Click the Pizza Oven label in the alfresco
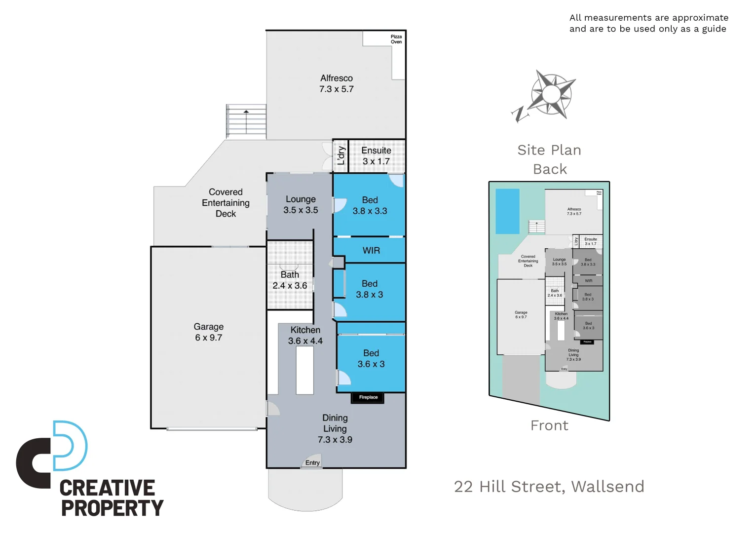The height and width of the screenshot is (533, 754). coord(396,39)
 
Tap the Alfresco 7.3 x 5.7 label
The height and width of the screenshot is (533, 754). coord(337,83)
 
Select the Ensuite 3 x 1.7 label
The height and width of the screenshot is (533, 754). coord(376,155)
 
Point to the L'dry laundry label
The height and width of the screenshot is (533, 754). coord(341,155)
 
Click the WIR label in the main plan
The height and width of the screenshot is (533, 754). coord(371,251)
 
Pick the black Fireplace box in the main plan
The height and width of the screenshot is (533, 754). coord(368,397)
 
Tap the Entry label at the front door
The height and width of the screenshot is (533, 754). coord(312,463)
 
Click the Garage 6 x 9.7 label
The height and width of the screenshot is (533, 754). coord(209,332)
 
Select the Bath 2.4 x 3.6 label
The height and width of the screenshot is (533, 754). coord(290,280)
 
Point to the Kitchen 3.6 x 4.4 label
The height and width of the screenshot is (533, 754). coord(305,335)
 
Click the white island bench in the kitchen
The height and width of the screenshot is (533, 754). coord(304,370)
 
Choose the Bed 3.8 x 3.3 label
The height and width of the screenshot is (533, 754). coord(370,205)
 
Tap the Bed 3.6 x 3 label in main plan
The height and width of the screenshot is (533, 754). coord(371,359)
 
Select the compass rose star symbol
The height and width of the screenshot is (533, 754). coord(552,94)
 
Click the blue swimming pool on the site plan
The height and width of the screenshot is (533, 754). coord(507,211)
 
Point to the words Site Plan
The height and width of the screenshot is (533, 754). coord(549,150)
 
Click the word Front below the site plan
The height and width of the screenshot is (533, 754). coord(549,425)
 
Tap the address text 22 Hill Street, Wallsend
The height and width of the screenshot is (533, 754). coord(549,487)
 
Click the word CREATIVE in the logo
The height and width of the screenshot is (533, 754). coord(107,488)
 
